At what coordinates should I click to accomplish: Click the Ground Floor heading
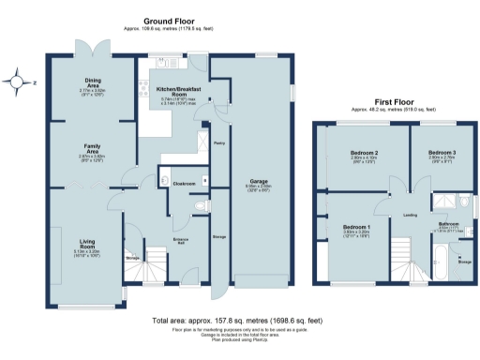pyautogui.click(x=168, y=20)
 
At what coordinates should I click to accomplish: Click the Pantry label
pyautogui.click(x=217, y=143)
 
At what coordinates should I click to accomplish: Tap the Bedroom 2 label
pyautogui.click(x=364, y=154)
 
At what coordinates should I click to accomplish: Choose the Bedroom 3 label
pyautogui.click(x=442, y=154)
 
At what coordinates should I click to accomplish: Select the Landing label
pyautogui.click(x=410, y=215)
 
